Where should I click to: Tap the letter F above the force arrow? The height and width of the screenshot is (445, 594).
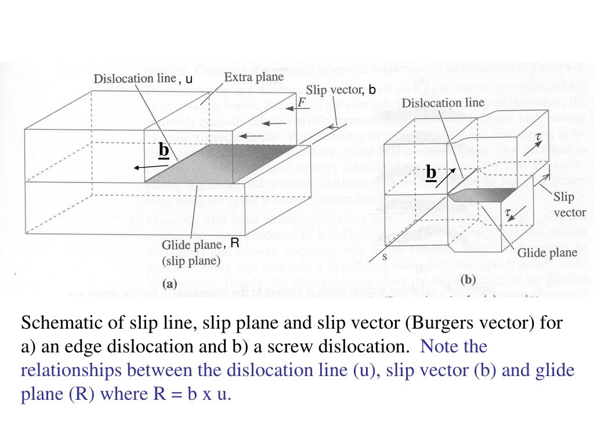302,103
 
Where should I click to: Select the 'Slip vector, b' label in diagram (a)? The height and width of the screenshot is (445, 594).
341,90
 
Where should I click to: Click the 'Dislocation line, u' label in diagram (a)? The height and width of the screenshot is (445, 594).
143,79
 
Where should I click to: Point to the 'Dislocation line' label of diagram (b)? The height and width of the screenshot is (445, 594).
443,103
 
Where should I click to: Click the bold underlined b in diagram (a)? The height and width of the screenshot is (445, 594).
164,150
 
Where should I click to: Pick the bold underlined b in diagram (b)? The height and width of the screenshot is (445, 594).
430,173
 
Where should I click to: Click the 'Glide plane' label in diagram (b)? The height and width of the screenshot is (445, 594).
547,253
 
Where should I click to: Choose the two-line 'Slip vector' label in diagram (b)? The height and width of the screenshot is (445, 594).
570,205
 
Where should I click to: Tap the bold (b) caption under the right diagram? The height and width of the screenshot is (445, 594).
468,279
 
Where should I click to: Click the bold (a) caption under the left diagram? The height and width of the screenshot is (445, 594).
171,284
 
